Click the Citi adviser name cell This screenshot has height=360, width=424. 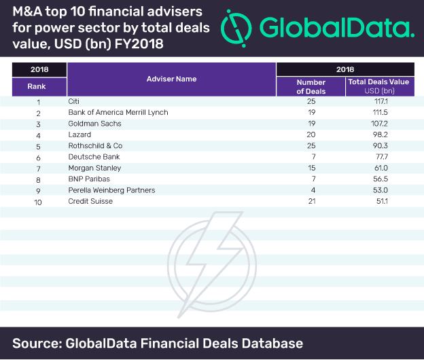(x=75, y=101)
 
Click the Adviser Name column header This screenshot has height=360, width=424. (x=171, y=79)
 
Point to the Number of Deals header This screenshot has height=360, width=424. (x=311, y=86)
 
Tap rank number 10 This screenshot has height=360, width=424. (x=39, y=201)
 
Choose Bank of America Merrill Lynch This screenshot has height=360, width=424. (x=118, y=112)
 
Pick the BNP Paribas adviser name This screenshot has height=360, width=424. (x=89, y=179)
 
